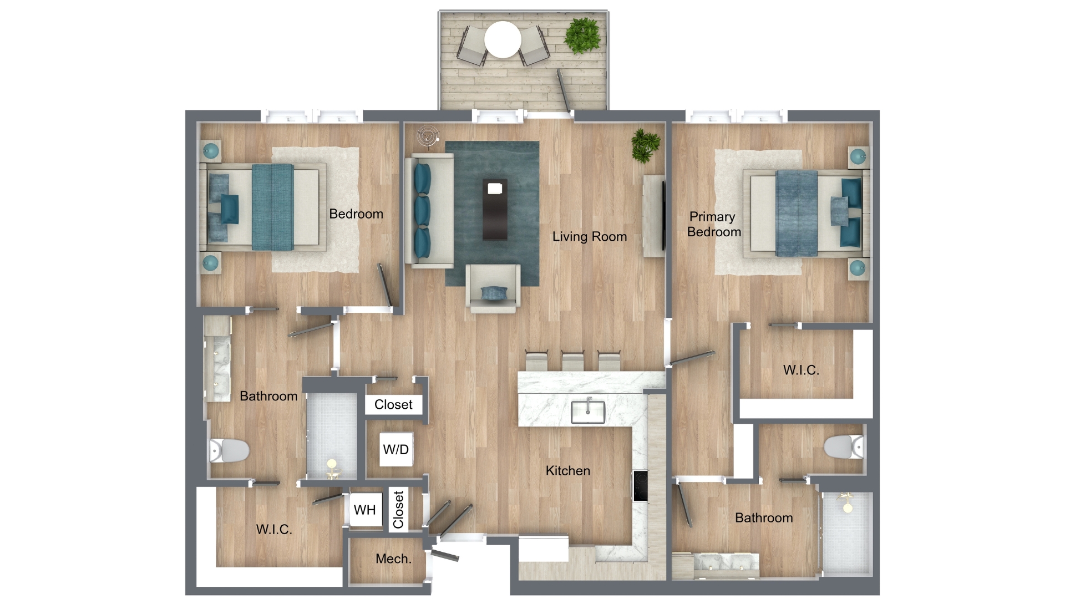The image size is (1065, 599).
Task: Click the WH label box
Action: (x=365, y=510)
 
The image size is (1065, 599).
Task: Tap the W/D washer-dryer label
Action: (x=396, y=449)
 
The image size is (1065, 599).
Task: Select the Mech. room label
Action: (x=393, y=559)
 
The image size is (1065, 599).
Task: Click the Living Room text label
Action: (x=589, y=236)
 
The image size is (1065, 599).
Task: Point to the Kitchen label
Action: (x=567, y=470)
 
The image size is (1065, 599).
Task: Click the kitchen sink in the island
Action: (x=588, y=411)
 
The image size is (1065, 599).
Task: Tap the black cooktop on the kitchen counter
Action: (x=640, y=486)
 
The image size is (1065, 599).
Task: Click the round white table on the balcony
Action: (x=503, y=39)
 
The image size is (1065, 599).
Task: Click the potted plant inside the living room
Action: (x=645, y=145)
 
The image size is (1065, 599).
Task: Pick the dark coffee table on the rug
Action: (x=495, y=209)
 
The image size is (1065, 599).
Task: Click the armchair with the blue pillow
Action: (x=493, y=288)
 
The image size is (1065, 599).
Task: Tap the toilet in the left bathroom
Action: (x=229, y=451)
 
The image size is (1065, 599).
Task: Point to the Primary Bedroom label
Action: (x=714, y=224)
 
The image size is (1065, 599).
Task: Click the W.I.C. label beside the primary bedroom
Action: (x=801, y=370)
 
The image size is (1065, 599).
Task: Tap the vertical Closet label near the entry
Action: (x=398, y=510)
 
